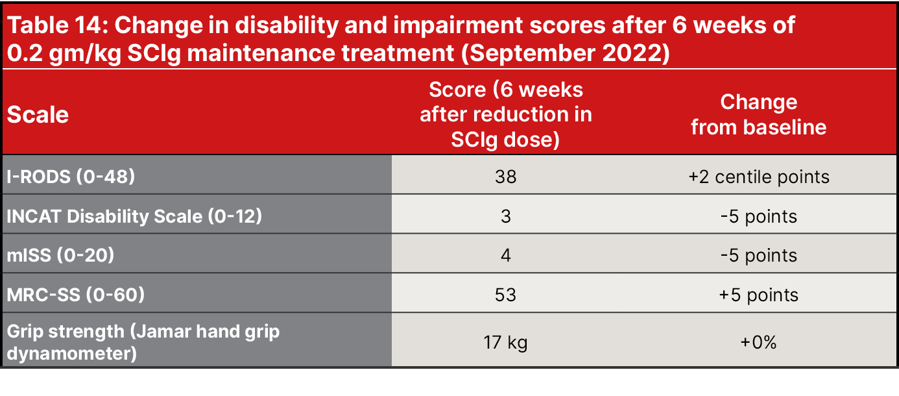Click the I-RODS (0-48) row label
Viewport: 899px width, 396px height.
(x=71, y=176)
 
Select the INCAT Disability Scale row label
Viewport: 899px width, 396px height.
(x=134, y=216)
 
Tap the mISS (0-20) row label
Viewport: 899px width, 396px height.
(x=60, y=255)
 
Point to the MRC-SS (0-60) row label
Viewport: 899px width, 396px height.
(x=76, y=295)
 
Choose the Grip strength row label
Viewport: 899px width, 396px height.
(x=143, y=341)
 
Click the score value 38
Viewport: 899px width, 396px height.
(x=505, y=176)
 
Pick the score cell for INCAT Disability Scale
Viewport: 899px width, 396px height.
(x=505, y=216)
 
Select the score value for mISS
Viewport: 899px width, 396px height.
(x=505, y=255)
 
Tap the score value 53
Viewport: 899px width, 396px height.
(x=505, y=295)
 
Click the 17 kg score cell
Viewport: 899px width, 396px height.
(x=505, y=342)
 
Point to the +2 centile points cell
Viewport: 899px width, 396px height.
(x=758, y=176)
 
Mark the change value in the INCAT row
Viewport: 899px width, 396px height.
(x=758, y=216)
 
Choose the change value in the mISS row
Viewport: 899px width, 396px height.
(x=758, y=255)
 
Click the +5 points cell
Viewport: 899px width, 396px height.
(x=758, y=295)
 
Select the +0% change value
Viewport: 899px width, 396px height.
(x=758, y=342)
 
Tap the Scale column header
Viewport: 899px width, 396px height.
(x=38, y=115)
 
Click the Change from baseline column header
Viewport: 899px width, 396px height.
(x=758, y=114)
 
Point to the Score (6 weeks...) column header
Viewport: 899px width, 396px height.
(x=505, y=114)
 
